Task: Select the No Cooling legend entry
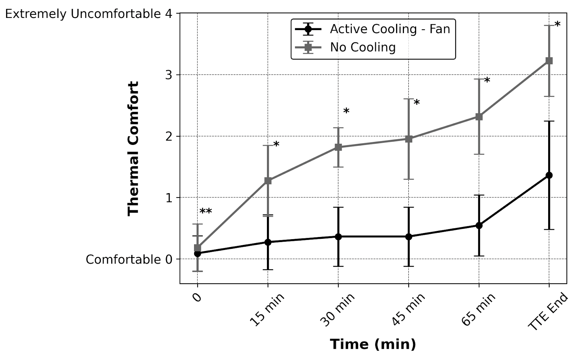click(362, 47)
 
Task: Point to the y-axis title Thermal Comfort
click(133, 148)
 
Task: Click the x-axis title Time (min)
click(373, 344)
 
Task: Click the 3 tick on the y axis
click(169, 75)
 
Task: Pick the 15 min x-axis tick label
click(267, 309)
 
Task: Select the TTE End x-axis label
click(548, 311)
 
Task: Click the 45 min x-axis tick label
click(408, 309)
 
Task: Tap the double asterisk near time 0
click(206, 212)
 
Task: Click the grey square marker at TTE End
click(549, 61)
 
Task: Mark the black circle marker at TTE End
click(549, 175)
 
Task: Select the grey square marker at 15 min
click(268, 181)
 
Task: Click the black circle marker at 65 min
click(479, 226)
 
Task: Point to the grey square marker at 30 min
click(338, 147)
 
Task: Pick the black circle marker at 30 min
click(338, 237)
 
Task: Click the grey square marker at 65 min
click(479, 117)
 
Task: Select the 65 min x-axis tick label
click(479, 309)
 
